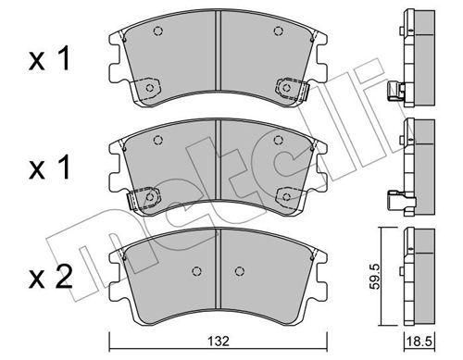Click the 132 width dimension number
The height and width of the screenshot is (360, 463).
click(219, 341)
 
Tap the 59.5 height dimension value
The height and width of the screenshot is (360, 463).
click(375, 275)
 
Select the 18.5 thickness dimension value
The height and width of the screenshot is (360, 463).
click(419, 341)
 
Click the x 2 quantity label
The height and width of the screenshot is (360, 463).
click(50, 277)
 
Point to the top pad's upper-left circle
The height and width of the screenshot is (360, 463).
click(158, 31)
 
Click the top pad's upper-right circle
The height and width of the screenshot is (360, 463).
click(279, 31)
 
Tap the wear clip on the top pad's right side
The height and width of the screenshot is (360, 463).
click(304, 92)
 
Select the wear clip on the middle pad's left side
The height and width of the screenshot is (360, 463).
click(133, 201)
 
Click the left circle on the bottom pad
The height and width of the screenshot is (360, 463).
click(196, 271)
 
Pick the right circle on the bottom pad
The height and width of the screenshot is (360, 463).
click(240, 271)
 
